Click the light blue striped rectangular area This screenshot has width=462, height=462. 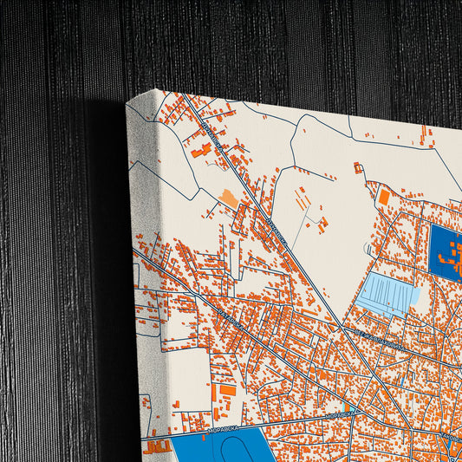[387, 295]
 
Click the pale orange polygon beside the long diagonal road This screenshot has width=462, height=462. [229, 198]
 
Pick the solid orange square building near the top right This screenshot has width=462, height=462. [384, 197]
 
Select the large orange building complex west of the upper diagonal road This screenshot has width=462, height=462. [202, 151]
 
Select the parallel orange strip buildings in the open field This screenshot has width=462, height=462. [304, 199]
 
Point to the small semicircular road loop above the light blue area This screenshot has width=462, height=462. [371, 251]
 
